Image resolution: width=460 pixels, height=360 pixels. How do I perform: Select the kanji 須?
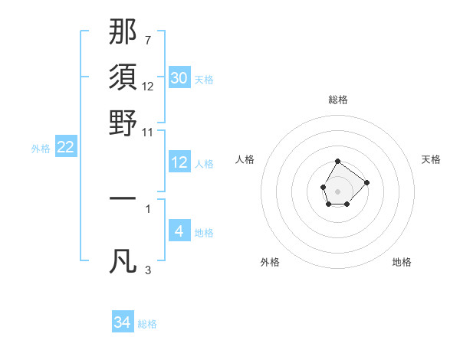click(123, 77)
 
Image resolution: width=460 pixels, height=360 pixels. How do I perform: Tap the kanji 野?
click(123, 123)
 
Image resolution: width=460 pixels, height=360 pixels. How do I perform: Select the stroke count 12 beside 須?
click(148, 86)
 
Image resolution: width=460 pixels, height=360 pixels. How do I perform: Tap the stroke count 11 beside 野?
click(148, 131)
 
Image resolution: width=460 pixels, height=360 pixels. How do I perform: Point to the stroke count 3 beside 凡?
click(148, 270)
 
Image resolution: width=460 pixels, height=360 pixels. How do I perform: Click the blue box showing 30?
click(179, 77)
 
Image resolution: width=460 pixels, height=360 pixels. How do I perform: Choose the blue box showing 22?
click(66, 147)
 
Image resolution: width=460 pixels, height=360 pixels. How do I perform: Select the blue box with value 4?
click(179, 231)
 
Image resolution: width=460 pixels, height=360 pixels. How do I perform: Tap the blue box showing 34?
click(123, 322)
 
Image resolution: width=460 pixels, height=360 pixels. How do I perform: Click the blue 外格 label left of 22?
click(41, 149)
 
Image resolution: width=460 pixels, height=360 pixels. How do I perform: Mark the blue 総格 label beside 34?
click(147, 324)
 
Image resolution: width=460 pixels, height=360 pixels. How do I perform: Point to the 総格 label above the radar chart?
click(338, 100)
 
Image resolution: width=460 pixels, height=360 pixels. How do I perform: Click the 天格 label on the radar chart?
click(432, 159)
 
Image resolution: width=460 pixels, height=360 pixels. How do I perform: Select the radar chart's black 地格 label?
click(402, 262)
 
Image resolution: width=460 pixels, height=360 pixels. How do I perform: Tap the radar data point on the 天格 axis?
click(366, 182)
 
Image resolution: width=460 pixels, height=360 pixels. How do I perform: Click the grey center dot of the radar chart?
click(337, 191)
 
